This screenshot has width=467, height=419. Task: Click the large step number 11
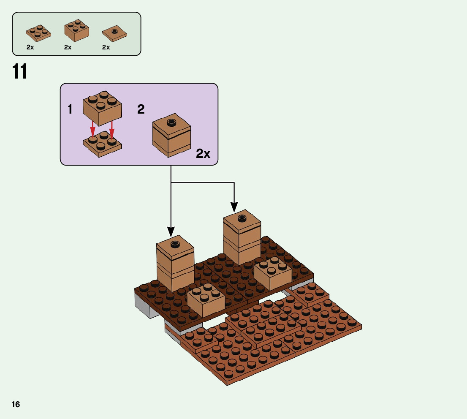pos(20,72)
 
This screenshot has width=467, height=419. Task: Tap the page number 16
pos(16,404)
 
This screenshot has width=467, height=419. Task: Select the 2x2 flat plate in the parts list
pos(39,33)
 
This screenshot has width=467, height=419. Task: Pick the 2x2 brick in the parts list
pos(76,30)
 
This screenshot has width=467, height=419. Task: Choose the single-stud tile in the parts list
pos(114,34)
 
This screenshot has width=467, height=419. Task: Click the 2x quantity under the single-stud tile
pos(106,47)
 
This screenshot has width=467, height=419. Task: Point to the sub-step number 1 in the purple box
pos(70,110)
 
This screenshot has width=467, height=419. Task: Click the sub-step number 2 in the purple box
pos(141,110)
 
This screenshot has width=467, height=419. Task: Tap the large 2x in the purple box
pos(203,154)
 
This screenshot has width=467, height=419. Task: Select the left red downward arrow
pos(93,131)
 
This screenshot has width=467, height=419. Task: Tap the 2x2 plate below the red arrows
pos(103,144)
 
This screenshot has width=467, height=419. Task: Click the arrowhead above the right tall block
pos(234,207)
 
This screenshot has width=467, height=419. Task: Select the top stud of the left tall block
pos(175,243)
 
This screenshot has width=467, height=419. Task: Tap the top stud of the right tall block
pos(242,218)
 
